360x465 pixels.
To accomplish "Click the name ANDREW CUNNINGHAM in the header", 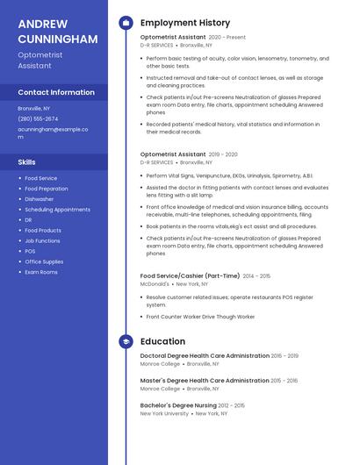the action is pyautogui.click(x=57, y=32).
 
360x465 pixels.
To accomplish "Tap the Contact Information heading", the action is pyautogui.click(x=56, y=92).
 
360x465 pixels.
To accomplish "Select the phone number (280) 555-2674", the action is pyautogui.click(x=38, y=118).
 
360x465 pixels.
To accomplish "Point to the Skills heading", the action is pyautogui.click(x=27, y=162).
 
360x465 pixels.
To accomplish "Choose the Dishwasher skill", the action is pyautogui.click(x=40, y=199).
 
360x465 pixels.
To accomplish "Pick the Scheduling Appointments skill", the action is pyautogui.click(x=57, y=210).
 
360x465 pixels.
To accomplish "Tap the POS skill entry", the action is pyautogui.click(x=30, y=251).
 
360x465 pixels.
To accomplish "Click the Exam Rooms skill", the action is pyautogui.click(x=41, y=272).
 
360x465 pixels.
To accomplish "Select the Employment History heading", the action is pyautogui.click(x=185, y=23).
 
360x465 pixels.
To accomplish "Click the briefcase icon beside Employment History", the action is pyautogui.click(x=126, y=23).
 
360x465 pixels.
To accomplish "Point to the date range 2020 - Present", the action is pyautogui.click(x=227, y=38).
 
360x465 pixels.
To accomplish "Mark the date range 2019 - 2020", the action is pyautogui.click(x=223, y=154).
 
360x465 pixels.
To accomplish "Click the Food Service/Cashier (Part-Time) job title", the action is pyautogui.click(x=189, y=276).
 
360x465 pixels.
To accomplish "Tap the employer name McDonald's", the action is pyautogui.click(x=155, y=284).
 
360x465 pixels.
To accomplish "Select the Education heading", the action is pyautogui.click(x=162, y=341).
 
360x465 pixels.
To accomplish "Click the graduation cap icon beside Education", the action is pyautogui.click(x=126, y=341).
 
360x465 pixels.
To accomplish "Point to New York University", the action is pyautogui.click(x=164, y=413).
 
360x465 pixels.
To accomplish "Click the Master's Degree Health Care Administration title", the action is pyautogui.click(x=205, y=381).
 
